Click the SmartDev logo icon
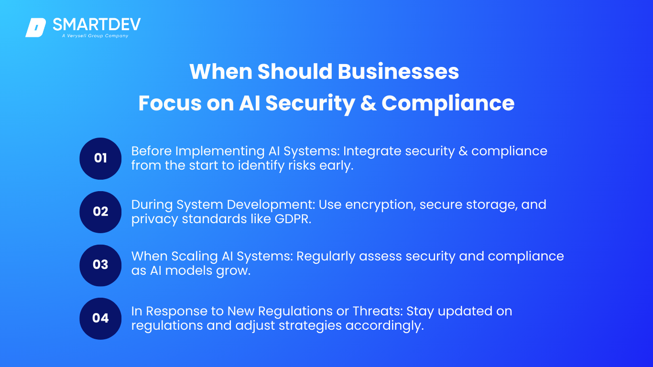(x=35, y=28)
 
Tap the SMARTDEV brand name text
(x=97, y=24)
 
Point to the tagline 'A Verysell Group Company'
(x=95, y=36)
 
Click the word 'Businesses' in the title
(x=398, y=71)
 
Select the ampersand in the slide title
(x=368, y=103)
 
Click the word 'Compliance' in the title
(x=448, y=104)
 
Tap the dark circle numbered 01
(x=100, y=159)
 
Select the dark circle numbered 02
(x=100, y=212)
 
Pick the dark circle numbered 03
(x=100, y=265)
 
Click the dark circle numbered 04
(x=100, y=319)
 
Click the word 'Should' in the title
(x=295, y=71)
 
